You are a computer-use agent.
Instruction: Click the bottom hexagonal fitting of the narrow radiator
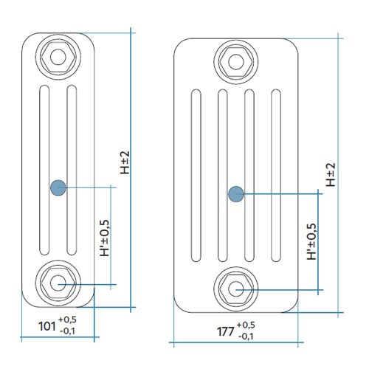(x=58, y=283)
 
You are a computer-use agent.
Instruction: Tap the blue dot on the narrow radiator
(x=58, y=187)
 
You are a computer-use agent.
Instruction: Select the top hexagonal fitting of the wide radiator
(x=236, y=58)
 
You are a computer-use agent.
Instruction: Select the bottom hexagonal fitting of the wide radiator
(x=236, y=289)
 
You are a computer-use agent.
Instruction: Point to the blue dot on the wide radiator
(x=236, y=194)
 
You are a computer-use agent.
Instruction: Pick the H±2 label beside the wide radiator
(x=331, y=174)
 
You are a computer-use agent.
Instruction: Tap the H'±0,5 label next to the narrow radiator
(x=104, y=237)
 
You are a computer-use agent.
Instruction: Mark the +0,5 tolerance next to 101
(x=67, y=320)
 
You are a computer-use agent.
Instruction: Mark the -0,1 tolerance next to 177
(x=246, y=337)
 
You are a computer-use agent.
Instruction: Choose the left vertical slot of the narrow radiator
(x=44, y=170)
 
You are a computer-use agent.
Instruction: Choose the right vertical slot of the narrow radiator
(x=71, y=170)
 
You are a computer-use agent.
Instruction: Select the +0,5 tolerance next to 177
(x=246, y=325)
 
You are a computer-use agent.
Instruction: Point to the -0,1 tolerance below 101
(x=67, y=331)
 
